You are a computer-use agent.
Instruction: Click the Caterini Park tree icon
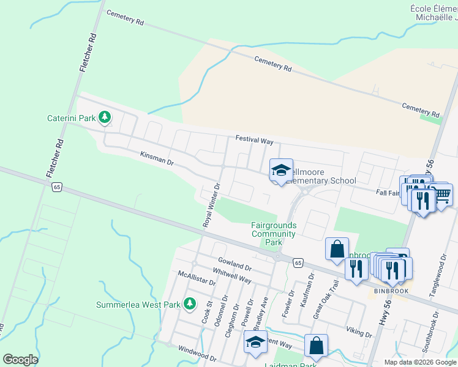click(x=105, y=116)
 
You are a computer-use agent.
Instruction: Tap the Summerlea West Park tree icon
click(x=190, y=303)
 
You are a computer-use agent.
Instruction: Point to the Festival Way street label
click(x=254, y=141)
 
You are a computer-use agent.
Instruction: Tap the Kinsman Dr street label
click(x=157, y=160)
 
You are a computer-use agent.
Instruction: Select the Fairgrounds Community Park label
click(x=274, y=234)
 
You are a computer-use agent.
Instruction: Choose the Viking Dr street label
click(x=359, y=332)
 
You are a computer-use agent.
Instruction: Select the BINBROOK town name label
click(x=388, y=291)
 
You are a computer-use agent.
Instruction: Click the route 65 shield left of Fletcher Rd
click(x=57, y=187)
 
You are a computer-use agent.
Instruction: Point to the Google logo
click(x=21, y=360)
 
